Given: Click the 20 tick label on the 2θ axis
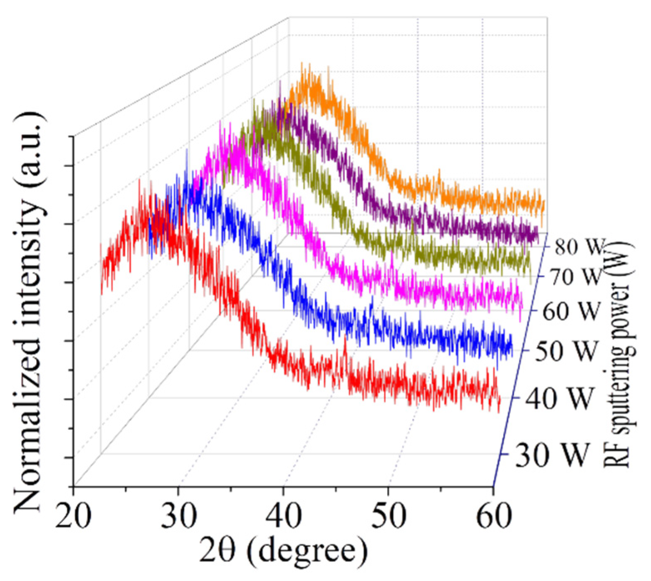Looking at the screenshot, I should (x=73, y=516).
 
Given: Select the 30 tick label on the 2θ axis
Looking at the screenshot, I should (x=178, y=516).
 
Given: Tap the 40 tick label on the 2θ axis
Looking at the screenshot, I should (x=284, y=516).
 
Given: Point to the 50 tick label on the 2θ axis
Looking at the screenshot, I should (x=388, y=516).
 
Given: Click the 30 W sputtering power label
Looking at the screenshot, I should (x=553, y=455).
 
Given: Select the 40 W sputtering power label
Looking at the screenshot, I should (x=558, y=398).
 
